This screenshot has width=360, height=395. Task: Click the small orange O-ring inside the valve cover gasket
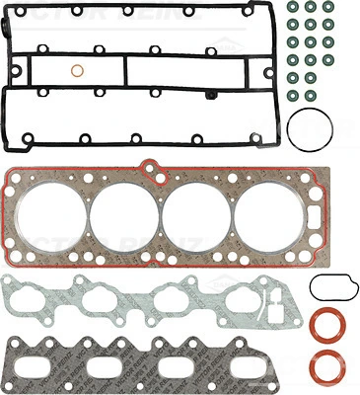pos(77,71)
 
